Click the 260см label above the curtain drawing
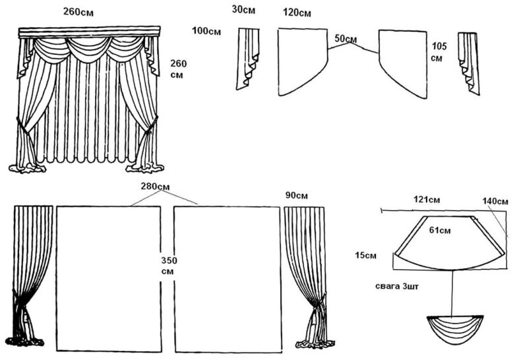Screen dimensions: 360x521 82,11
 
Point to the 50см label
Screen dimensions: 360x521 346,38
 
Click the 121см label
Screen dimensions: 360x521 426,199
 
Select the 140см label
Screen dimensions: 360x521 495,201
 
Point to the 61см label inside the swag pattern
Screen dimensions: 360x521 440,231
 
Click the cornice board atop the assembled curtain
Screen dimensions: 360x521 90,32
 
